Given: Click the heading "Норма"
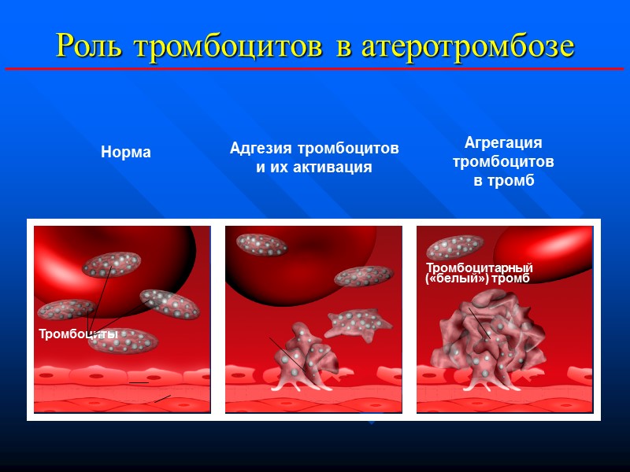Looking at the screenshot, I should click(x=126, y=153).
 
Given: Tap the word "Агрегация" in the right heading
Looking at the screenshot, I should click(x=503, y=143).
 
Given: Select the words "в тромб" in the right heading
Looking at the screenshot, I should click(x=503, y=180).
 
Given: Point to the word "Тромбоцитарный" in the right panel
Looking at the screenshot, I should click(x=480, y=268).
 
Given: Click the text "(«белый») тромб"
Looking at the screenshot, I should click(x=477, y=279).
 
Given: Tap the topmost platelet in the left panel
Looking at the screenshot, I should click(x=111, y=264).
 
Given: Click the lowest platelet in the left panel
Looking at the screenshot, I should click(x=124, y=340).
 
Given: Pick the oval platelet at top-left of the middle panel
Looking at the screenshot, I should click(x=261, y=245).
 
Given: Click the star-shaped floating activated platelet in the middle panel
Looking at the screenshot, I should click(x=358, y=321).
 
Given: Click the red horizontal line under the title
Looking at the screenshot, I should click(x=315, y=69).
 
